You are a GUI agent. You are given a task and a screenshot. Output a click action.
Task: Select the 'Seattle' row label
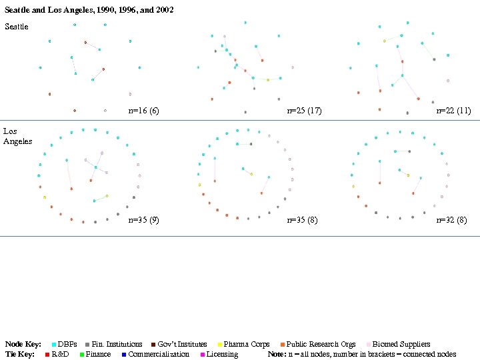coord(17,27)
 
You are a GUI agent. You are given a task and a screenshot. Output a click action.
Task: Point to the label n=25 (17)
coord(304,111)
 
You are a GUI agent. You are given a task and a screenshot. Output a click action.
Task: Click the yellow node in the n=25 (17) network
coord(267,79)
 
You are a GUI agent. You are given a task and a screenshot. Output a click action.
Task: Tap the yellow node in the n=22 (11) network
coord(384,41)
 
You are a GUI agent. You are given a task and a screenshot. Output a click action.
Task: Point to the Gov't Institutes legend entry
coord(178,345)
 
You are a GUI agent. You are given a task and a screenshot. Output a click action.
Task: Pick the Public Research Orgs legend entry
coord(317,345)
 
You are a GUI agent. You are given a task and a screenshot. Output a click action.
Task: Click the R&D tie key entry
coord(57,354)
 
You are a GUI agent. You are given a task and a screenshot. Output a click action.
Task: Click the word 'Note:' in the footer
coord(277,354)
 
